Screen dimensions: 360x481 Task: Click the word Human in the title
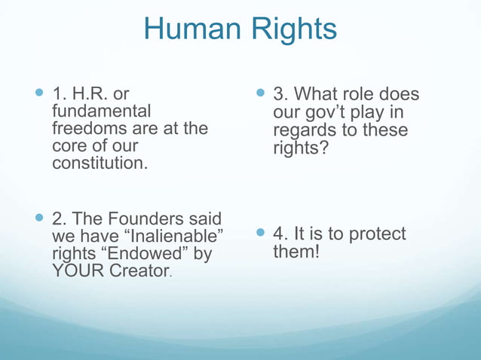pyautogui.click(x=191, y=29)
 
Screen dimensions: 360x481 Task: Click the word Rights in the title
pyautogui.click(x=290, y=29)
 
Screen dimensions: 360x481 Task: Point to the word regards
pyautogui.click(x=305, y=130)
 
